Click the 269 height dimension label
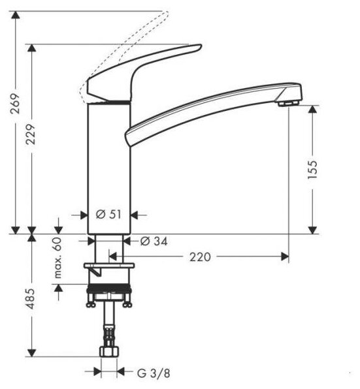(x=15, y=103)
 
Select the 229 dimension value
(x=31, y=134)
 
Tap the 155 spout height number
(x=312, y=170)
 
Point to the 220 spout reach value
(x=200, y=257)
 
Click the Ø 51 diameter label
(x=108, y=214)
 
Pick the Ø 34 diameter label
(x=154, y=241)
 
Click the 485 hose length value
(x=31, y=299)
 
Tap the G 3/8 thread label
(x=154, y=373)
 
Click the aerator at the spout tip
(x=288, y=103)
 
